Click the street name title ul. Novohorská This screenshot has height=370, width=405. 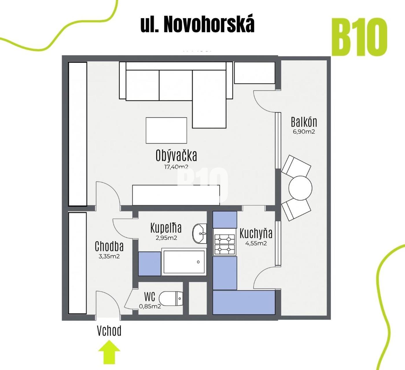(x=197, y=25)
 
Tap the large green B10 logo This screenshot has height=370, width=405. (x=360, y=37)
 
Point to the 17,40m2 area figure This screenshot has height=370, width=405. (x=176, y=167)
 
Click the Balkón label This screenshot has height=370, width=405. (x=304, y=122)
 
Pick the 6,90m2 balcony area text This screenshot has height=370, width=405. (x=304, y=132)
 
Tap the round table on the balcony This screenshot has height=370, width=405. (x=300, y=188)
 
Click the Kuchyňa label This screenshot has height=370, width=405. (x=256, y=233)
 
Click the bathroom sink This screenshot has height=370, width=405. (x=200, y=233)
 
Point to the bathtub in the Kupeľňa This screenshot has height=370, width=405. (x=184, y=262)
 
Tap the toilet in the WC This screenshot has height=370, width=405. (x=171, y=299)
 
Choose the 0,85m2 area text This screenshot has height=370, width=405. (x=150, y=306)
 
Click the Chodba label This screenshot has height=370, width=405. (x=109, y=246)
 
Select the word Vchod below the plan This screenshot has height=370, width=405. (x=109, y=331)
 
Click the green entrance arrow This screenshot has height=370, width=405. (x=109, y=352)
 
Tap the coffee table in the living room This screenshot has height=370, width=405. (x=166, y=130)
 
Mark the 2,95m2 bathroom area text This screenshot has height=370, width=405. (x=166, y=238)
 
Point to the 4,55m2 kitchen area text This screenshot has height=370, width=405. (x=256, y=243)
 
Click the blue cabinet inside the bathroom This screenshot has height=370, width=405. (x=150, y=263)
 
